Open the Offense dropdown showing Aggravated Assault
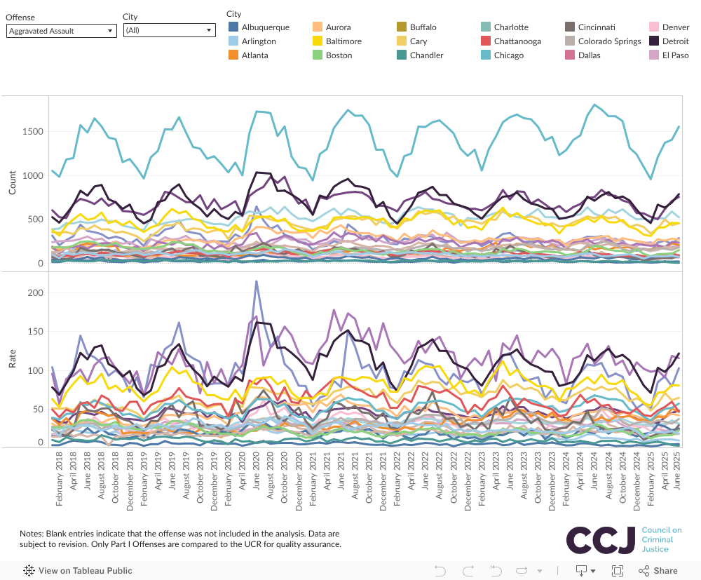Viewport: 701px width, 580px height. (61, 31)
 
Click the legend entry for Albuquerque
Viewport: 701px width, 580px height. (265, 27)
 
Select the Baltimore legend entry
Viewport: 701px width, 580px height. (343, 41)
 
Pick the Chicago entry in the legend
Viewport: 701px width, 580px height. (508, 55)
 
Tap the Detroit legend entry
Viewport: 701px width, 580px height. (675, 41)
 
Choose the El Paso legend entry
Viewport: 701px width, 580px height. (676, 55)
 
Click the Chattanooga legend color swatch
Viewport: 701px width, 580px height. (486, 41)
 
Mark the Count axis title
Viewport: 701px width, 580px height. (13, 182)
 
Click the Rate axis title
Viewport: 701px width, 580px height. (13, 359)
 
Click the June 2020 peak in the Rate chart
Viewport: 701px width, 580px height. (257, 282)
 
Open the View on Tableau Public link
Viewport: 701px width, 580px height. (79, 571)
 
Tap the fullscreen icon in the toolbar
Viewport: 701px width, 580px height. (618, 571)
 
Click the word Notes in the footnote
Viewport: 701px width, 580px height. (32, 534)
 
